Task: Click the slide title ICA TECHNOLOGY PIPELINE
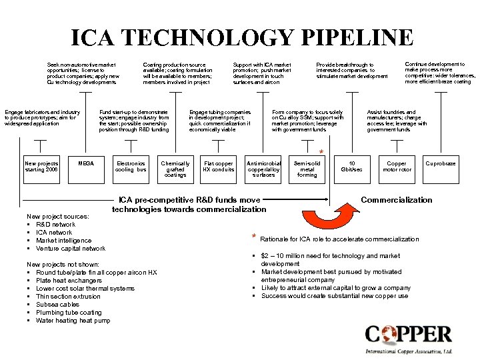242,38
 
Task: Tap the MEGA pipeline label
86,163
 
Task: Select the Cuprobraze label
441,163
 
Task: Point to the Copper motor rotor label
397,166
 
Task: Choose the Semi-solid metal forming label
307,169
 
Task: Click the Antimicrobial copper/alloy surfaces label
264,169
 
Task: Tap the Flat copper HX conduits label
219,166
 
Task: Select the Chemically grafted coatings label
175,169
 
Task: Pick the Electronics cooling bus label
131,166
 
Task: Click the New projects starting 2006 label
41,166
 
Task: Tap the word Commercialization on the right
396,200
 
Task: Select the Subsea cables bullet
57,305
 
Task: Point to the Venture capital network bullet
70,249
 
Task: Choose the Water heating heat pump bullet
73,321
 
